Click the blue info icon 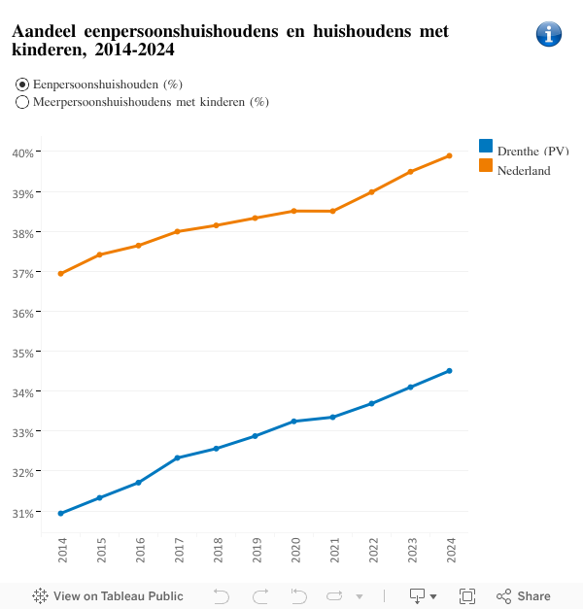(549, 34)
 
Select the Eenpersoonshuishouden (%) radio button (22, 85)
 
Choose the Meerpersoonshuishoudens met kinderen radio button (22, 102)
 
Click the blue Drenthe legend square (486, 146)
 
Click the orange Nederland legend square (486, 165)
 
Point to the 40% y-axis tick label (24, 152)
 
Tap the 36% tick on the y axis (24, 313)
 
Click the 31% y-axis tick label (24, 512)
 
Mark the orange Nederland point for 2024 (449, 155)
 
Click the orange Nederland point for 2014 (61, 274)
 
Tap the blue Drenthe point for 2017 (177, 457)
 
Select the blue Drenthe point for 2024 (449, 370)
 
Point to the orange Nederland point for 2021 (332, 211)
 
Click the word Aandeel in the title (46, 32)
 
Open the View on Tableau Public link (108, 596)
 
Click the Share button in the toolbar (524, 596)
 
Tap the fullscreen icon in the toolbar (467, 596)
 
